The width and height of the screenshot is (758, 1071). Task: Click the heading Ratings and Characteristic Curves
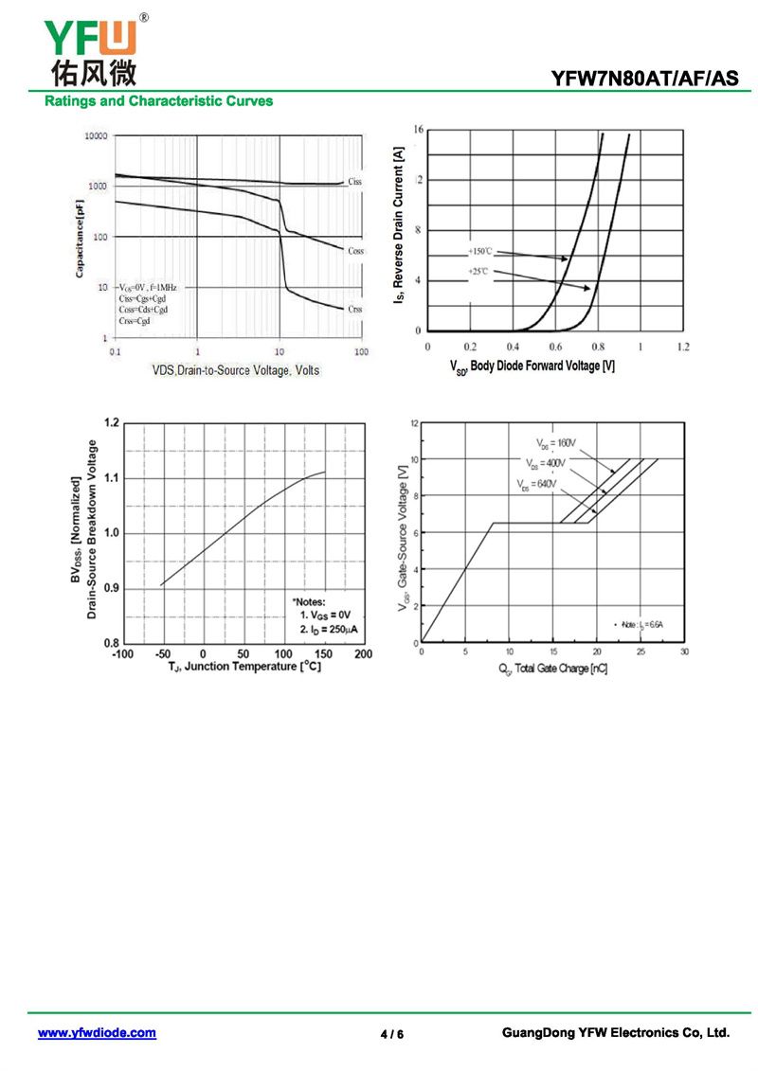(158, 100)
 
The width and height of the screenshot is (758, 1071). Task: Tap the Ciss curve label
(354, 181)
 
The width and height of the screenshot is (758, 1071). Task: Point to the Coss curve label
(355, 251)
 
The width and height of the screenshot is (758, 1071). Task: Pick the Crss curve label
(354, 309)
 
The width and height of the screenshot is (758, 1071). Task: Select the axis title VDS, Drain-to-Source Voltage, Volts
(236, 370)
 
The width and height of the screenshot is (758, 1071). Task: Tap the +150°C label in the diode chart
(480, 251)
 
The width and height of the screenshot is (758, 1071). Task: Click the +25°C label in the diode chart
(478, 272)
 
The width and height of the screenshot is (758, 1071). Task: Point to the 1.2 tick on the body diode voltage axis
(683, 348)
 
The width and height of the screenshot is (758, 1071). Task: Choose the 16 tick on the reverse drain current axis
(418, 128)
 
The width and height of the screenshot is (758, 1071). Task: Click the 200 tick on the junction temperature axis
(363, 654)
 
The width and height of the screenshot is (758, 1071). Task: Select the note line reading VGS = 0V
(325, 615)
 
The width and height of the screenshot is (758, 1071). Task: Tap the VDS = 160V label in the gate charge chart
(556, 442)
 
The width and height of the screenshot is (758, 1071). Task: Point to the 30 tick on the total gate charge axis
(684, 652)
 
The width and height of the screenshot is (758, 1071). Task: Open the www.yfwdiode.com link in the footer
(97, 1033)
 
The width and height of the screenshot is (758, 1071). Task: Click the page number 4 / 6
(392, 1034)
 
